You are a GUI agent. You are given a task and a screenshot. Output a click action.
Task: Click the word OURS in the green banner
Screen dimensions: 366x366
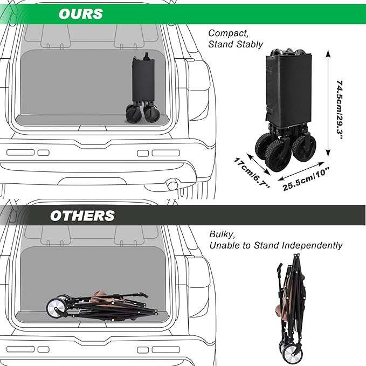(81, 14)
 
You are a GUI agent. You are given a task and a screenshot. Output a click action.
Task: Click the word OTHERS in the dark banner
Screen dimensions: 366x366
(82, 216)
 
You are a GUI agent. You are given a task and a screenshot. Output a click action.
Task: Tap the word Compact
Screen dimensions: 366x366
(229, 33)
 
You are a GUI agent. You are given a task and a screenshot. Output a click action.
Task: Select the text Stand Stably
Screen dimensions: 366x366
(236, 44)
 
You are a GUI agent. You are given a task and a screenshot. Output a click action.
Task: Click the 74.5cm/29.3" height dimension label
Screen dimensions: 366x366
(340, 110)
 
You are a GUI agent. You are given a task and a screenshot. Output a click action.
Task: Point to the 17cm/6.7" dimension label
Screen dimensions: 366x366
(252, 172)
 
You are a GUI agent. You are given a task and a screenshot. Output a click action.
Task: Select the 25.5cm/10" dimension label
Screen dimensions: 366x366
(306, 179)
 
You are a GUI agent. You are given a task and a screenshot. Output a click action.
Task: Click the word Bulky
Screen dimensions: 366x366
(222, 234)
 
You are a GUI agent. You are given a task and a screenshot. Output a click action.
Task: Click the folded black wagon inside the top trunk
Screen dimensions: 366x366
(143, 88)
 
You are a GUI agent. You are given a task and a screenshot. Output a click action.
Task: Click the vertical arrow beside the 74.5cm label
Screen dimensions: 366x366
(328, 103)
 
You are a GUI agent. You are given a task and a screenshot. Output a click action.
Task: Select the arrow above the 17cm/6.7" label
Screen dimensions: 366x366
(259, 164)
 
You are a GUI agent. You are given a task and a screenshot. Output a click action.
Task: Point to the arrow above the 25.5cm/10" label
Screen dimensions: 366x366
(301, 171)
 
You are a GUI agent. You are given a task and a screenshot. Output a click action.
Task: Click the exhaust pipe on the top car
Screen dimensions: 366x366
(172, 184)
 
